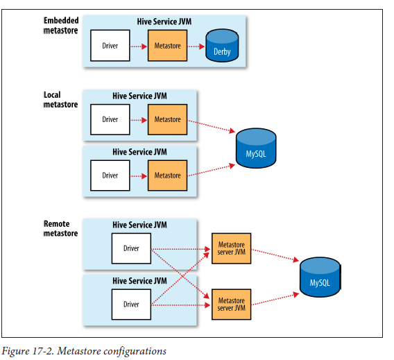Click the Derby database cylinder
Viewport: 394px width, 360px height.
click(222, 46)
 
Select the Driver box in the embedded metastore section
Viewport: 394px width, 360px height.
click(110, 46)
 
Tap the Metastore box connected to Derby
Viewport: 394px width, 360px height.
click(167, 46)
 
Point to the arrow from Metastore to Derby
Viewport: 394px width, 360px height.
click(196, 46)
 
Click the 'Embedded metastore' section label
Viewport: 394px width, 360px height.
click(60, 25)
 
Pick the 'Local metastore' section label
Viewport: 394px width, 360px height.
click(60, 99)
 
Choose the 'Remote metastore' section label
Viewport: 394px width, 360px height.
click(60, 228)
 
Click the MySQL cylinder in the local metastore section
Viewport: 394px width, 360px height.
click(256, 148)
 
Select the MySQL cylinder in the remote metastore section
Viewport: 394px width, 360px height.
click(320, 277)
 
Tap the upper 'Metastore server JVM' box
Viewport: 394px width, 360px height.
click(231, 248)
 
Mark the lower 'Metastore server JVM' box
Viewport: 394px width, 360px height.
click(231, 305)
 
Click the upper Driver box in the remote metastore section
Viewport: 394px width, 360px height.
click(131, 248)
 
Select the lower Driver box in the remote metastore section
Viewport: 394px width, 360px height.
click(131, 305)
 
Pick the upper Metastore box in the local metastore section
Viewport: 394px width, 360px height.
click(167, 119)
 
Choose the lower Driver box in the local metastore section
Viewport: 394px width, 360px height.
click(110, 175)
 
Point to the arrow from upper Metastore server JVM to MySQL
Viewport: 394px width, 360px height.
click(275, 255)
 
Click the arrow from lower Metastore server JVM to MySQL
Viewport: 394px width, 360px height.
click(275, 299)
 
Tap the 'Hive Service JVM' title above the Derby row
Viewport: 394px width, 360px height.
click(164, 22)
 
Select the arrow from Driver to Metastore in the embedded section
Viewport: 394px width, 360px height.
click(139, 46)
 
